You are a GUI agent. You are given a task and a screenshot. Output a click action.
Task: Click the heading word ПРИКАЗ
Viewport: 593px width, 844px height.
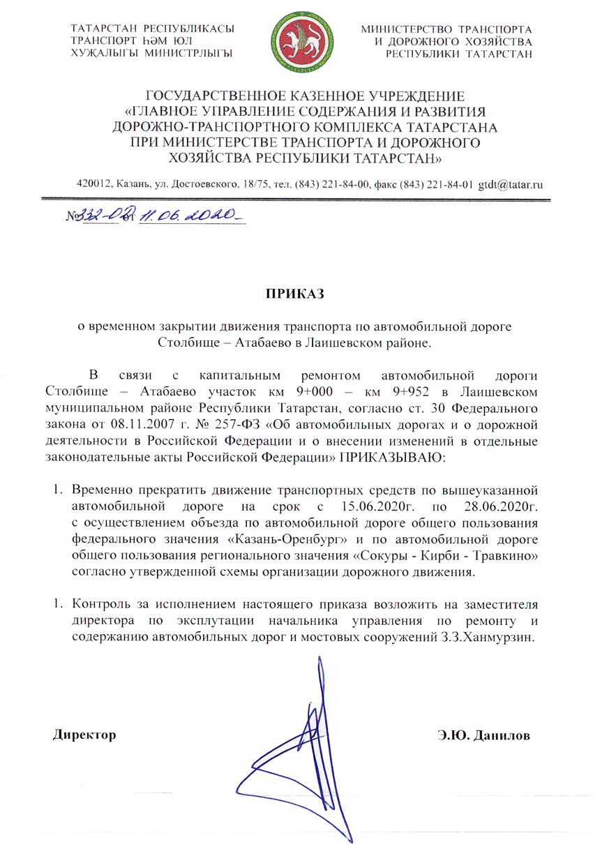[x=296, y=294]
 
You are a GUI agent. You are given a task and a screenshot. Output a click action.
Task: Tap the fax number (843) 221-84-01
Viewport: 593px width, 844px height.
[x=435, y=184]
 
